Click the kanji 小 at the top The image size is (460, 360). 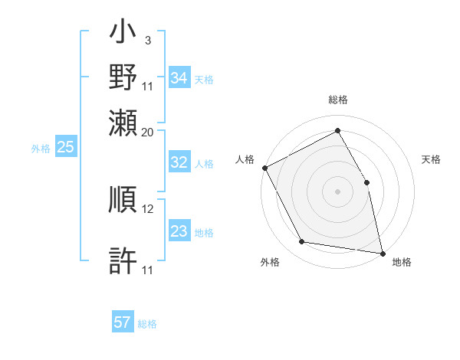click(x=123, y=34)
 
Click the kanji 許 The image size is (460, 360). click(x=123, y=261)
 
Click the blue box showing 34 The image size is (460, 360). click(x=179, y=78)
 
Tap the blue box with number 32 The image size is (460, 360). click(x=179, y=162)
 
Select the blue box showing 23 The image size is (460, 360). click(x=179, y=231)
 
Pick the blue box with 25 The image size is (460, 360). click(x=65, y=148)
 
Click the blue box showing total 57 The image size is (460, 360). click(x=123, y=322)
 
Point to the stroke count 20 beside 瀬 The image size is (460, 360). click(x=148, y=132)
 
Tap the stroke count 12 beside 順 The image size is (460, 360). click(x=148, y=208)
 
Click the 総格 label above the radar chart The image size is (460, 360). click(x=337, y=100)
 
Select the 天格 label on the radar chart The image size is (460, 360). click(x=431, y=159)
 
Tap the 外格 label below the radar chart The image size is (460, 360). click(x=270, y=262)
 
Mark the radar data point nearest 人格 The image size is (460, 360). click(x=264, y=168)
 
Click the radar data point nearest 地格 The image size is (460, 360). click(x=382, y=253)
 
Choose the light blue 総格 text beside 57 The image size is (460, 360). click(x=147, y=324)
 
